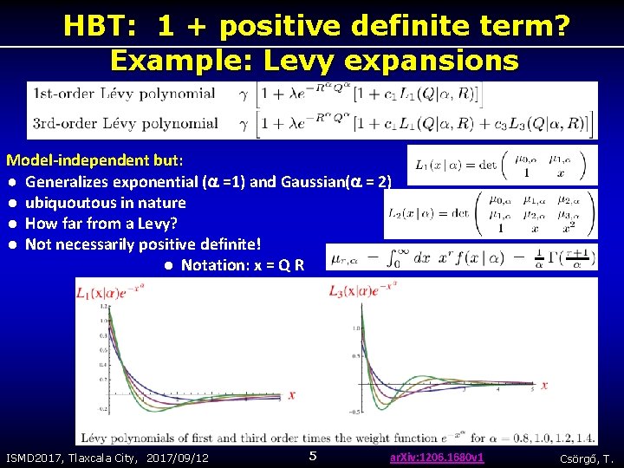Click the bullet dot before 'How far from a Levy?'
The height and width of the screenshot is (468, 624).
[13, 224]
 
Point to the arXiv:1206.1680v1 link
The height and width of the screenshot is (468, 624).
[437, 457]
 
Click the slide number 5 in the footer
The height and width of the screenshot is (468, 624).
[314, 456]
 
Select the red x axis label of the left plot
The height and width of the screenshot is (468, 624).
[292, 395]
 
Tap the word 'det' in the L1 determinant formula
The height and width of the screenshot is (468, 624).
[484, 165]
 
